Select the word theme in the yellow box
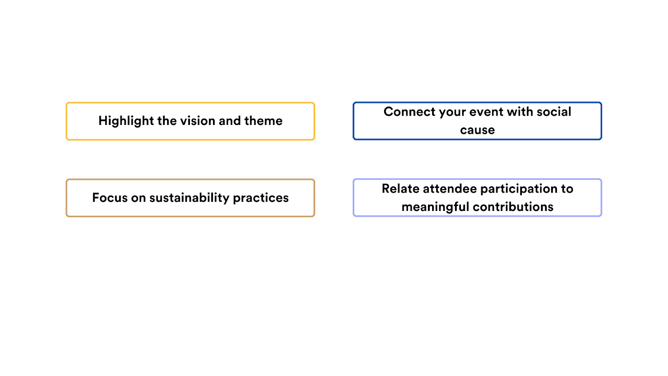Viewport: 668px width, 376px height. (x=263, y=121)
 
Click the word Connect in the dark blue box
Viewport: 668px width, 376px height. (x=409, y=112)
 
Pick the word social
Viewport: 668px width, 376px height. (x=554, y=112)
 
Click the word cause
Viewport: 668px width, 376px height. (x=477, y=130)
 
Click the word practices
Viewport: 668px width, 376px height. (x=261, y=198)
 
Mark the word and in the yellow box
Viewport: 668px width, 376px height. (x=230, y=121)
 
